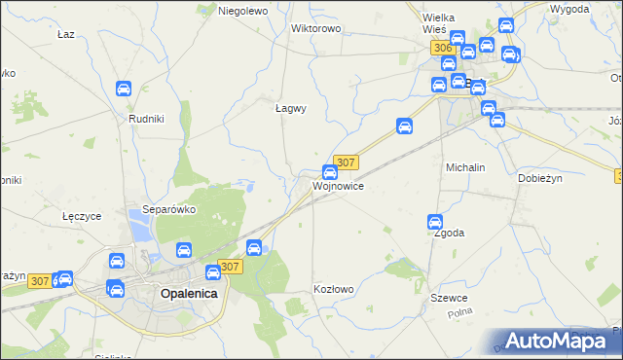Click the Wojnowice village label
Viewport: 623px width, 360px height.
pyautogui.click(x=338, y=186)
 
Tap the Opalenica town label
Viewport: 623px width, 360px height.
pyautogui.click(x=188, y=293)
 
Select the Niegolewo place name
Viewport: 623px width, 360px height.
pyautogui.click(x=242, y=11)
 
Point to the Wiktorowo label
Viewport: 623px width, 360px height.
pyautogui.click(x=315, y=28)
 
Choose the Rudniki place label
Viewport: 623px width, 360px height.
pyautogui.click(x=146, y=118)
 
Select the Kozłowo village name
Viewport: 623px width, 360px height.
pyautogui.click(x=333, y=289)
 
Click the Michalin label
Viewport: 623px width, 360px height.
pyautogui.click(x=465, y=167)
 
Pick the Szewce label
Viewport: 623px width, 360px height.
pyautogui.click(x=452, y=298)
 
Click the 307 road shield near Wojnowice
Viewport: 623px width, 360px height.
pyautogui.click(x=347, y=162)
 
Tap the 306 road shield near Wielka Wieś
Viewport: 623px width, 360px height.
pyautogui.click(x=443, y=48)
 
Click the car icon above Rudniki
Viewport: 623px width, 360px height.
pyautogui.click(x=124, y=89)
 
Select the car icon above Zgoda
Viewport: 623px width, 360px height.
pyautogui.click(x=435, y=222)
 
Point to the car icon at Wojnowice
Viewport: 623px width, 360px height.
pyautogui.click(x=330, y=172)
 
